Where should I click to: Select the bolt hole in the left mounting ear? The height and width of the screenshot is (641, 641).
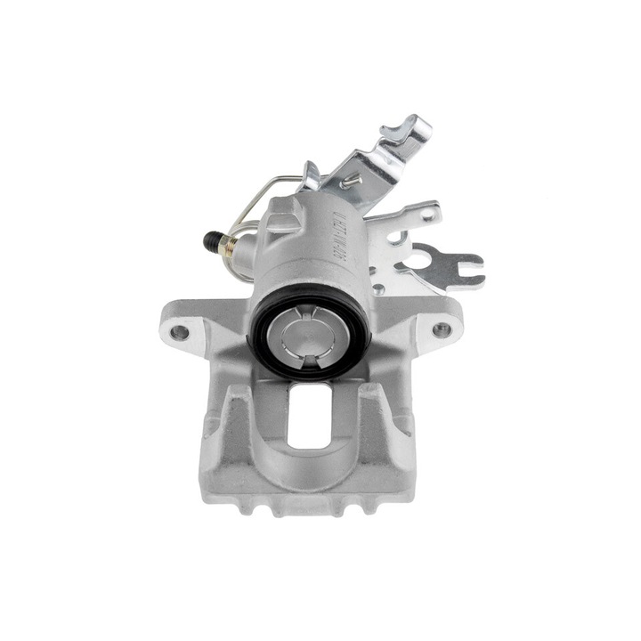click(180, 332)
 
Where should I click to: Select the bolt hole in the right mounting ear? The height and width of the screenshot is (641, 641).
click(441, 329)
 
